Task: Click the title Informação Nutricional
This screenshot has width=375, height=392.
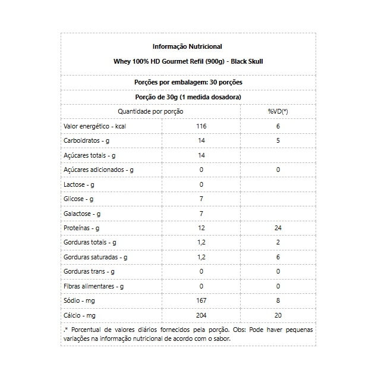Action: (x=187, y=46)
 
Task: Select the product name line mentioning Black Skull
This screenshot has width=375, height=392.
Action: (x=187, y=61)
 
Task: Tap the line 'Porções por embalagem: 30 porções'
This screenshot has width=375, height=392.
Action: (x=187, y=82)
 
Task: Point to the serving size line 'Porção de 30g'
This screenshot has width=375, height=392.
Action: (x=187, y=96)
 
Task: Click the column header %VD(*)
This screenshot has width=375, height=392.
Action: (x=278, y=111)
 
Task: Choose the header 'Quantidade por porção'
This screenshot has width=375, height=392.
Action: (x=150, y=111)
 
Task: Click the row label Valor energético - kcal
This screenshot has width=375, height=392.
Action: (x=94, y=126)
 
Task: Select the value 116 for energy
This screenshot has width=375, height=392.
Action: (x=201, y=126)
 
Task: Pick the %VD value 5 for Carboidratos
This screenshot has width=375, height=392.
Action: (x=278, y=140)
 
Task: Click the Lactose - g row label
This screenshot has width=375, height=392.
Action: (x=79, y=184)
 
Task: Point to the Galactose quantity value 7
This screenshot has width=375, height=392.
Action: (x=201, y=213)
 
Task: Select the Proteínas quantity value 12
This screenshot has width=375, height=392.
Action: (x=201, y=228)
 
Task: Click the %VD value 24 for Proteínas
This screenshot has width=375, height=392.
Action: (x=278, y=228)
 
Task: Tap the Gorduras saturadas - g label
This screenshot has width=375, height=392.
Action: (x=96, y=257)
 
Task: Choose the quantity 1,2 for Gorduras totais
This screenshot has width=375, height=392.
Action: (x=201, y=242)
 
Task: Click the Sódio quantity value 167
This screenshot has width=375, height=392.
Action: (x=201, y=300)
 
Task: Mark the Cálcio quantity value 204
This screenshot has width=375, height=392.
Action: (x=201, y=315)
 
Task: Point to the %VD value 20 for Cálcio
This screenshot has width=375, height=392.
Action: (x=278, y=315)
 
